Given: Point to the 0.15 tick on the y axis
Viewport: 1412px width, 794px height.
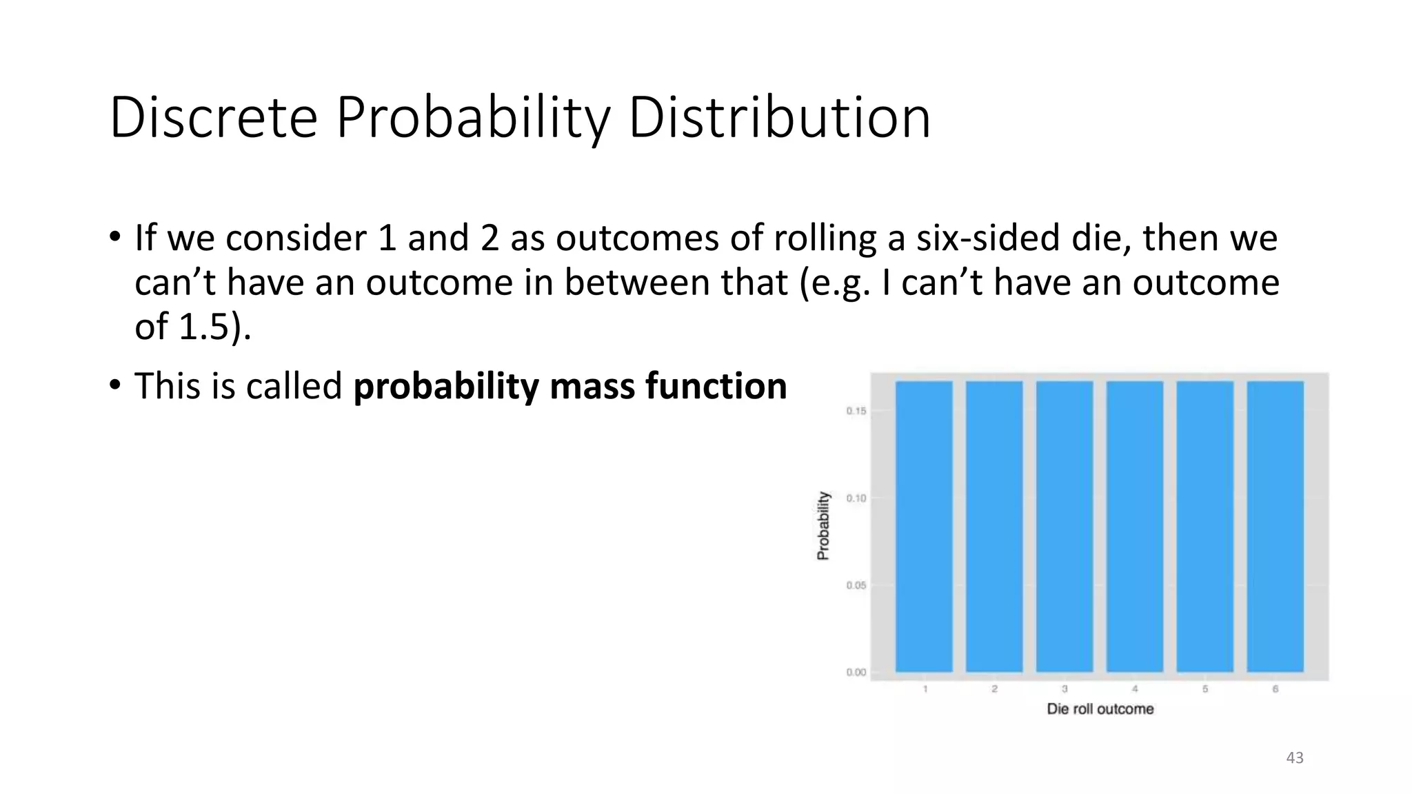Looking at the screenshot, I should [x=856, y=411].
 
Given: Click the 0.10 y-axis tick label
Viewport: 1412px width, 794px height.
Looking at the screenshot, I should [x=856, y=498].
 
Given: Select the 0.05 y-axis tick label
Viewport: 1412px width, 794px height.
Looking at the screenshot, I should [x=856, y=585].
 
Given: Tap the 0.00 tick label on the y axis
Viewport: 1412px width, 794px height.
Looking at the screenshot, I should [x=856, y=672].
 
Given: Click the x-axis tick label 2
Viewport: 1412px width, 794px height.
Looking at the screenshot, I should [x=994, y=689].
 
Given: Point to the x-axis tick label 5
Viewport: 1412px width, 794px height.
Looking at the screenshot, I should [x=1205, y=689].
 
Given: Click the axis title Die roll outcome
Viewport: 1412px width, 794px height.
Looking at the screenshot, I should [x=1100, y=709].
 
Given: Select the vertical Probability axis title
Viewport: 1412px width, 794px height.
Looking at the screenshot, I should [x=823, y=525].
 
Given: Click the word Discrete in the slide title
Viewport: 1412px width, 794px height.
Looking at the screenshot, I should [x=213, y=119].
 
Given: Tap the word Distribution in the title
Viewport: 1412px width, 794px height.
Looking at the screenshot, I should [x=779, y=119].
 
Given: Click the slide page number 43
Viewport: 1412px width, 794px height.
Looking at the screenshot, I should [x=1295, y=758].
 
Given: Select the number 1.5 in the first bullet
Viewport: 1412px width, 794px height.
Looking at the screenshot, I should [x=203, y=327].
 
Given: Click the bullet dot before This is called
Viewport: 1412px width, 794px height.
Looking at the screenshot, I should [x=114, y=385].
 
